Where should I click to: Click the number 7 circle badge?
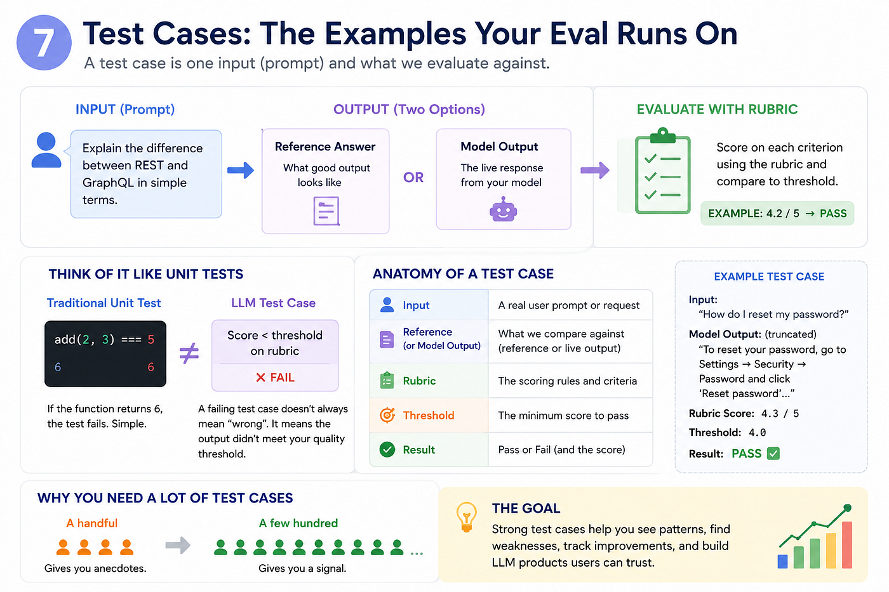point(44,43)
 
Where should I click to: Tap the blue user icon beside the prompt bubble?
point(46,150)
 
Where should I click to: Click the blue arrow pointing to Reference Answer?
point(241,170)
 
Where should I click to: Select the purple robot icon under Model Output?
point(503,209)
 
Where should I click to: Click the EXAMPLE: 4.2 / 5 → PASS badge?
point(777,213)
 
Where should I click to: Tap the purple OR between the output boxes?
point(413,177)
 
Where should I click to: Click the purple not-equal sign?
point(189,353)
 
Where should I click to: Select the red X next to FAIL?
point(260,378)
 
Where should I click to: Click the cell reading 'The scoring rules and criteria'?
point(568,381)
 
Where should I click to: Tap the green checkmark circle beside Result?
point(387,450)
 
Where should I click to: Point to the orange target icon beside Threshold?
point(387,415)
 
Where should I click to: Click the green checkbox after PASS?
point(773,453)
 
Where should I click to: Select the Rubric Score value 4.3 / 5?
point(780,414)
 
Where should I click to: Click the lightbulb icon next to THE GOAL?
point(466,516)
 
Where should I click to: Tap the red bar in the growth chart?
point(847,545)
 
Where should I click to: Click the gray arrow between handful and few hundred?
point(178,545)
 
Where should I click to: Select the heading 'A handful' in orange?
point(91,523)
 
